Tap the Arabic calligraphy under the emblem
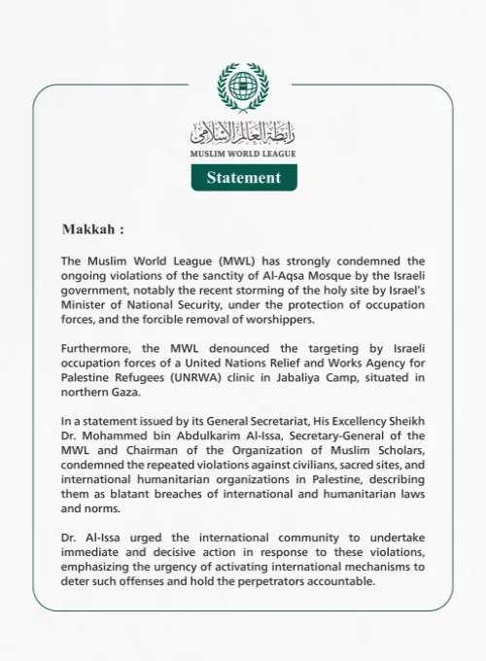pyautogui.click(x=243, y=131)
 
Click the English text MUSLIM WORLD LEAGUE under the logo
pyautogui.click(x=243, y=154)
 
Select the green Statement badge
pyautogui.click(x=243, y=177)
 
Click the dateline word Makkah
pyautogui.click(x=89, y=230)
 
